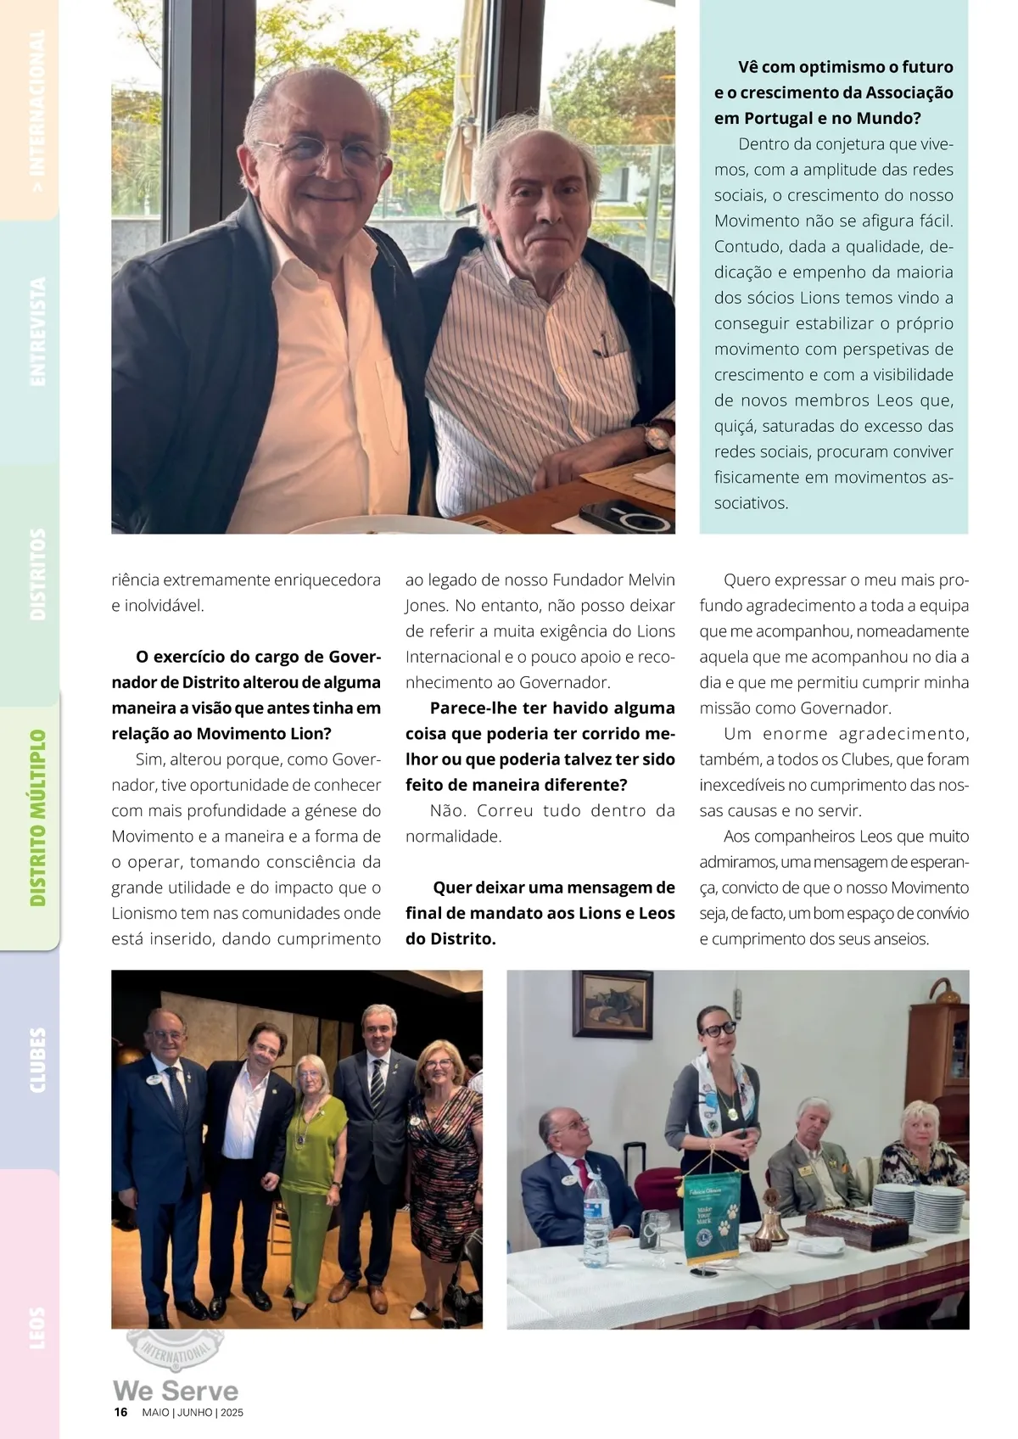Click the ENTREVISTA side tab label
pyautogui.click(x=37, y=332)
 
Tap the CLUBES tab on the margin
pyautogui.click(x=37, y=1060)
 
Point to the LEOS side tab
pyautogui.click(x=37, y=1328)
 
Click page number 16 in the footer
pyautogui.click(x=121, y=1412)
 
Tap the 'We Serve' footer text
pyautogui.click(x=176, y=1391)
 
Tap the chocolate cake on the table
pyautogui.click(x=856, y=1227)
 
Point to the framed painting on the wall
pyautogui.click(x=612, y=1005)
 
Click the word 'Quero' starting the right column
pyautogui.click(x=745, y=580)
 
